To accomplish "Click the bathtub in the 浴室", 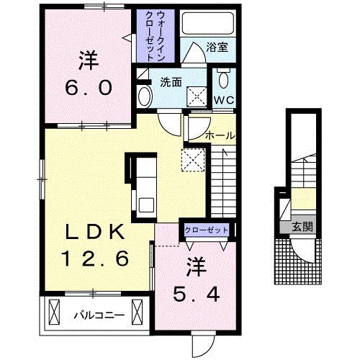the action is pyautogui.click(x=208, y=23).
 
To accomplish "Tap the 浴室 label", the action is pyautogui.click(x=217, y=48).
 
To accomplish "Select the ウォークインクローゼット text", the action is pyautogui.click(x=155, y=36).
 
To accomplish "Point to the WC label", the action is pyautogui.click(x=224, y=100).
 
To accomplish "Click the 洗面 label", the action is pyautogui.click(x=171, y=82).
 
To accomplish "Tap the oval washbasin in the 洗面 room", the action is pyautogui.click(x=145, y=96).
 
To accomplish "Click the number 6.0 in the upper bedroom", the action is pyautogui.click(x=89, y=88).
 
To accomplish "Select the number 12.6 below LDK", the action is pyautogui.click(x=95, y=258).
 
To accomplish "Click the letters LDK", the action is pyautogui.click(x=95, y=232).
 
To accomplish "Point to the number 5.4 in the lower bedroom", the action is pyautogui.click(x=197, y=294).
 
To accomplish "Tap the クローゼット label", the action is pyautogui.click(x=207, y=230).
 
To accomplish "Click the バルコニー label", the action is pyautogui.click(x=99, y=315).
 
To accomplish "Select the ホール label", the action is pyautogui.click(x=220, y=136).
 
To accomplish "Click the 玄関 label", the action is pyautogui.click(x=302, y=227).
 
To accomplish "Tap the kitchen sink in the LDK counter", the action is pyautogui.click(x=146, y=204).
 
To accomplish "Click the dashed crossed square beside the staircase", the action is pyautogui.click(x=193, y=160).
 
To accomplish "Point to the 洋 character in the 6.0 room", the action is pyautogui.click(x=89, y=60).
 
